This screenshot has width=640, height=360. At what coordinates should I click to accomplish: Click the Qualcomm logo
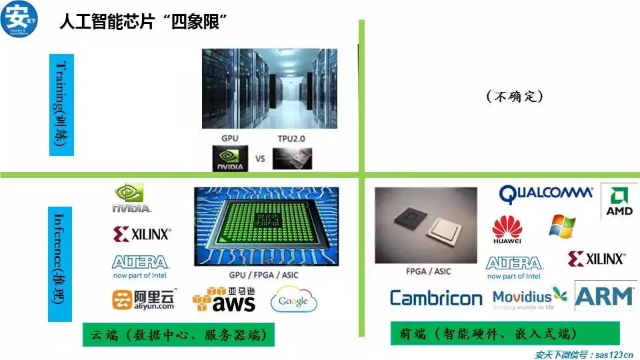(x=546, y=193)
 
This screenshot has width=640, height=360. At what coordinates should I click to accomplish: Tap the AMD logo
(x=619, y=201)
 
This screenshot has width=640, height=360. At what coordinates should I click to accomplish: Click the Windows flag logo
(x=562, y=226)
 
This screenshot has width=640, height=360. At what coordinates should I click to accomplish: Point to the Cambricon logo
(x=436, y=298)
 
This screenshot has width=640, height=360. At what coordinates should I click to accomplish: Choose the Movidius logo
(x=530, y=299)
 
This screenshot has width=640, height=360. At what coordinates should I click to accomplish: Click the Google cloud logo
(x=293, y=301)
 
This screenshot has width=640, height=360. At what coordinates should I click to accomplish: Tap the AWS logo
(x=223, y=300)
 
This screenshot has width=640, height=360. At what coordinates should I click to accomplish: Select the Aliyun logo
(x=143, y=300)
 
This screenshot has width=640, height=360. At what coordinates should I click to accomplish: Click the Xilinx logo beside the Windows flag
(x=596, y=259)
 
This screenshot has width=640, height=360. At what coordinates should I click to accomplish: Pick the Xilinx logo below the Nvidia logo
(x=142, y=233)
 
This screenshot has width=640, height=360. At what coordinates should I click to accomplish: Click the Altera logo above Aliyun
(x=140, y=265)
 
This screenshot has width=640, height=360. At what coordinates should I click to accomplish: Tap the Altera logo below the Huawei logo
(x=513, y=266)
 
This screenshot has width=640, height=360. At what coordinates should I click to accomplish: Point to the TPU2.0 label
(x=292, y=139)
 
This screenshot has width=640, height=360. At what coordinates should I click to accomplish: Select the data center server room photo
(x=269, y=89)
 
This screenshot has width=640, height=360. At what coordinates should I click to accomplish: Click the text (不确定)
(x=515, y=97)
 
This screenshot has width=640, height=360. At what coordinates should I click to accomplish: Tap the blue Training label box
(x=61, y=105)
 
